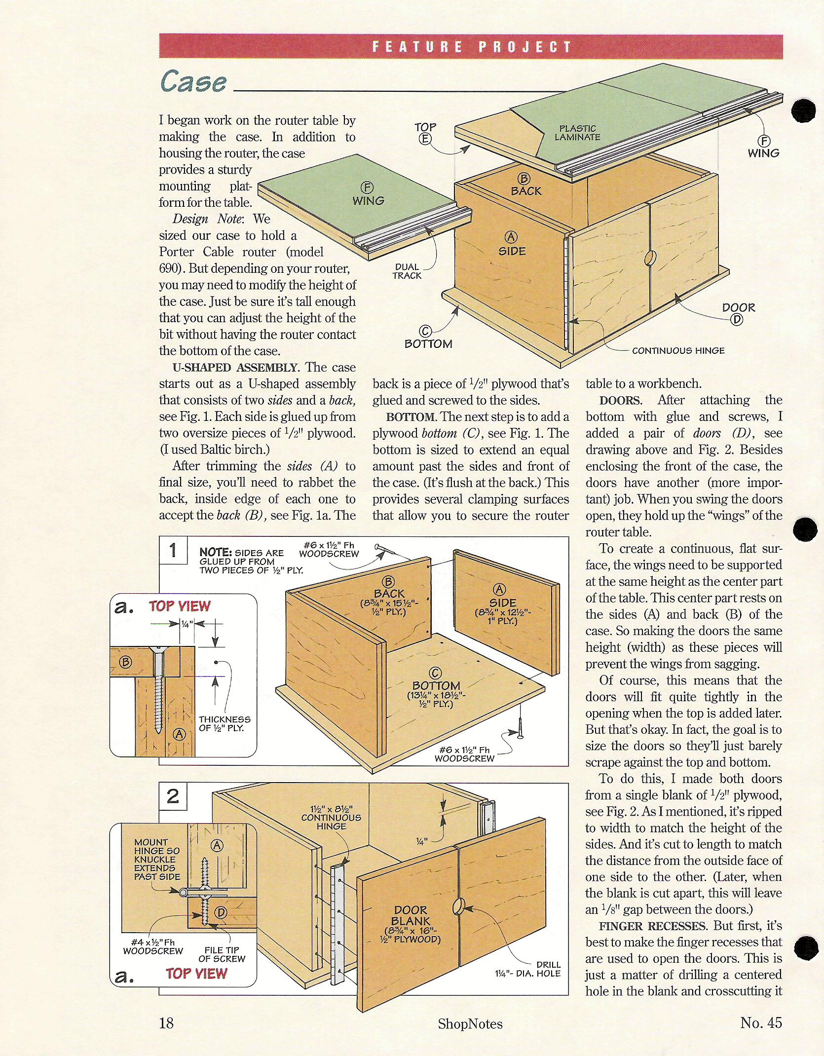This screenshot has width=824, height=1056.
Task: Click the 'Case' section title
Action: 193,81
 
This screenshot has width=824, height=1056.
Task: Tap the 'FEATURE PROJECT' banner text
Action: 471,47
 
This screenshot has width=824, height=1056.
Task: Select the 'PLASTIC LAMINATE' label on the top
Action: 577,133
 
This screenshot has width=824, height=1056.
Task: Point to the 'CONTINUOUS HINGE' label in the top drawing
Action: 678,350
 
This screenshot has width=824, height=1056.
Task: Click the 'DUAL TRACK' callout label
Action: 407,271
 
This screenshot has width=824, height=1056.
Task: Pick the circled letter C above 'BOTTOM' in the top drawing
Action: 425,332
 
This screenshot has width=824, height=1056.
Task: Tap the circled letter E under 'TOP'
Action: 425,139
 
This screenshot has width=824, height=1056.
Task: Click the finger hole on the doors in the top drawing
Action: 649,258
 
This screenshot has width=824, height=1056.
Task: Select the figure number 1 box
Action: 173,550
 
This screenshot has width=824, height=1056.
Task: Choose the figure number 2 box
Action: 173,796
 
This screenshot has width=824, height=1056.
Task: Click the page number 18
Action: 166,1023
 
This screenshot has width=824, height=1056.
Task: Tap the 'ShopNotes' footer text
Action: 470,1024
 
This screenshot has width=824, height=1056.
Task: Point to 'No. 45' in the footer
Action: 761,1022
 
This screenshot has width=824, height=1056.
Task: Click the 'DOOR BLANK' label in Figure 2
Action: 411,915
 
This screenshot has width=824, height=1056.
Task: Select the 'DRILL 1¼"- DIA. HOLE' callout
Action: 528,969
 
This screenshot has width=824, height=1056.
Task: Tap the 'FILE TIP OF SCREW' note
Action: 222,954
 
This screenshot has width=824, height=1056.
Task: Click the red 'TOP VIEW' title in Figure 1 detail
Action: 180,606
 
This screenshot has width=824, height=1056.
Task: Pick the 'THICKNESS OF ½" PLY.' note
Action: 225,723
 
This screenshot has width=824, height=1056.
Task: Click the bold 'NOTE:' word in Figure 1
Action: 216,552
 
